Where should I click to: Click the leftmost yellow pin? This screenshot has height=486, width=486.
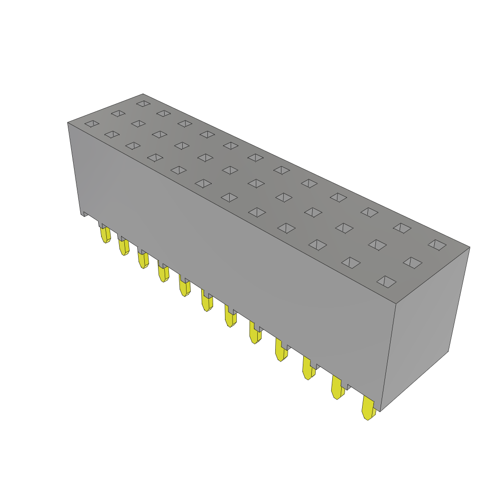click(x=105, y=235)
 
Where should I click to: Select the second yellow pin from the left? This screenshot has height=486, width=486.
click(x=124, y=247)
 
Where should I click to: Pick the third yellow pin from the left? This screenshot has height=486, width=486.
click(x=143, y=260)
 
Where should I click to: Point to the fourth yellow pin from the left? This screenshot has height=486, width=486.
click(x=164, y=274)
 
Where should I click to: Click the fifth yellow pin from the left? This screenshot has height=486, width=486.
click(x=185, y=288)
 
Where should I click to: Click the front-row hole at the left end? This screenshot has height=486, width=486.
click(x=92, y=123)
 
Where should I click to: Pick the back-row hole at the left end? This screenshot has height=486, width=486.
click(x=143, y=103)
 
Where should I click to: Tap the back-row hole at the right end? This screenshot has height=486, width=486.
click(x=437, y=245)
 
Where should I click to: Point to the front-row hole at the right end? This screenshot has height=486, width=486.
click(x=386, y=281)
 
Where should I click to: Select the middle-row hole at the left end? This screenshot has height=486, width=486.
click(x=118, y=113)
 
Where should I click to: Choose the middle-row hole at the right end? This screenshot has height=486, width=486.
click(x=412, y=262)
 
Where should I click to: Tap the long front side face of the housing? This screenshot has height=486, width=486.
click(x=228, y=247)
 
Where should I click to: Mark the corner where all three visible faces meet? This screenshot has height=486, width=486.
click(x=396, y=304)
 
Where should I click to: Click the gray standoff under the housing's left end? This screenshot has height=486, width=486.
click(x=85, y=214)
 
